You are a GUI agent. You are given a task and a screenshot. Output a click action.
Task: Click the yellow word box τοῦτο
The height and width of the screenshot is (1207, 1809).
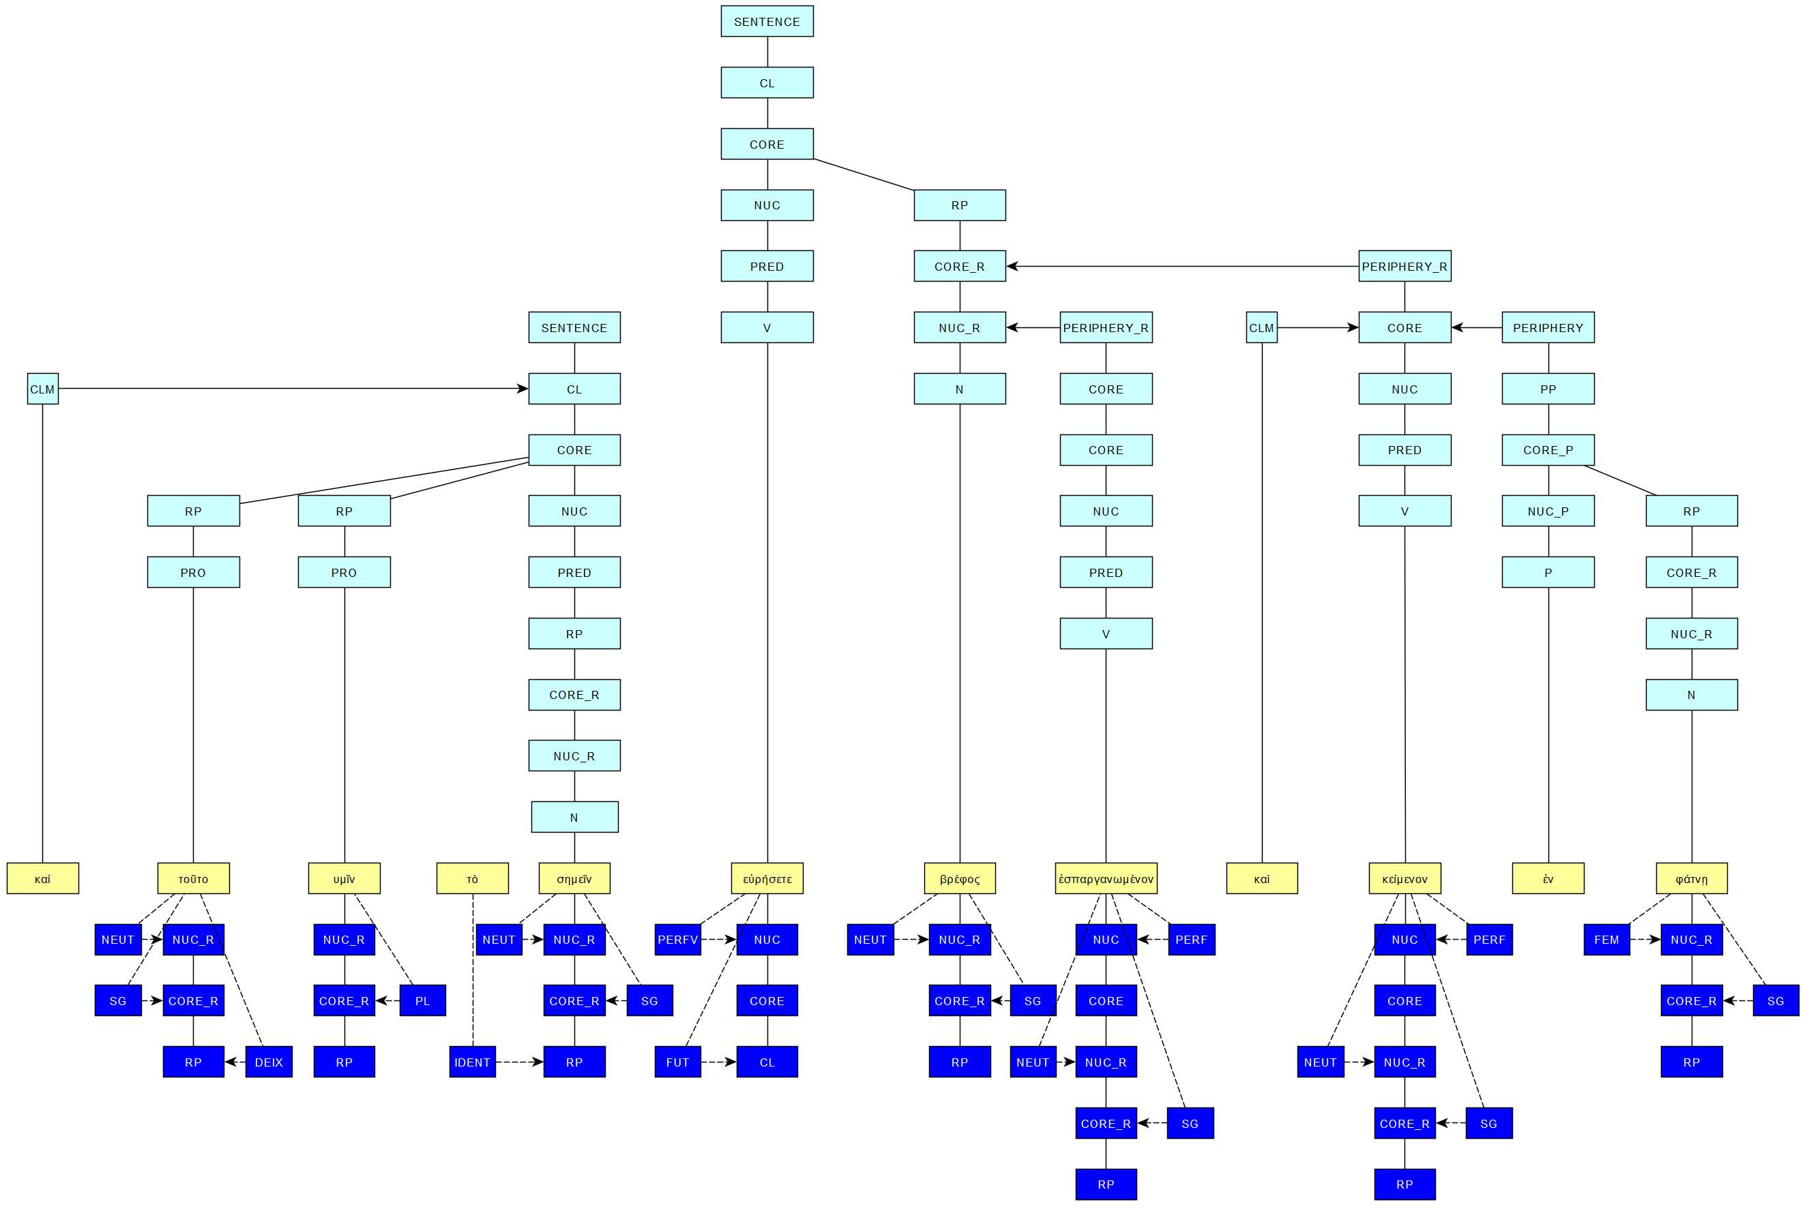[x=193, y=878]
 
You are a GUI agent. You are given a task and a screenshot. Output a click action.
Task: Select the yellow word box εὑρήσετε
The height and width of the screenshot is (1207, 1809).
[x=767, y=878]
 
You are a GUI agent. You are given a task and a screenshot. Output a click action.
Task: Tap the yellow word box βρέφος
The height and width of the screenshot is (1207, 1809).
[x=959, y=878]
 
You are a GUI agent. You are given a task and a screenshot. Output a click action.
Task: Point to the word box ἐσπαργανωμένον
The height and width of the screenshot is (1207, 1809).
[x=1106, y=878]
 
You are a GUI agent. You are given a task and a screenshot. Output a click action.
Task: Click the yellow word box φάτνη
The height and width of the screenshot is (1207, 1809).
[x=1691, y=878]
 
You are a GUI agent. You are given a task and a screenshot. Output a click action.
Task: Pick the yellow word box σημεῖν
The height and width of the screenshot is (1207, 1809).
[x=574, y=878]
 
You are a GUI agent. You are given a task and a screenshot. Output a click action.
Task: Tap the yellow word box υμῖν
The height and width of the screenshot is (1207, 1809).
[x=344, y=878]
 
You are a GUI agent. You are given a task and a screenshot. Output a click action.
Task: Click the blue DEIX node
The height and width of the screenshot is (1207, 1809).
[x=269, y=1062]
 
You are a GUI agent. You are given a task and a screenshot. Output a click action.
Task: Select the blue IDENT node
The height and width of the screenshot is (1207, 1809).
[x=472, y=1062]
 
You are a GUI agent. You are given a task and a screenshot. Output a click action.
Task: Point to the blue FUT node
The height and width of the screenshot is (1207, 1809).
[x=677, y=1062]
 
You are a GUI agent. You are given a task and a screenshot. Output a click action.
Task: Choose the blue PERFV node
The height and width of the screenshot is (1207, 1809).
[x=677, y=939]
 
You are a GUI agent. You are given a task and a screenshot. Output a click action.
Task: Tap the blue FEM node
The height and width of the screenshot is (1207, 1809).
[x=1606, y=939]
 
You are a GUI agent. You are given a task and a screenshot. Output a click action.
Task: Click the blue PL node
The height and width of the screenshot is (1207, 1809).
[x=423, y=1000]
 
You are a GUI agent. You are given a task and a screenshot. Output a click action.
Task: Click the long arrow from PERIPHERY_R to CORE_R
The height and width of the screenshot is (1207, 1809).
[x=1181, y=267]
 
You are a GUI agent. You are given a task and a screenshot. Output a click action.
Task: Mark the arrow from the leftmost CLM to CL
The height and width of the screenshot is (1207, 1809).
[x=293, y=389]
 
